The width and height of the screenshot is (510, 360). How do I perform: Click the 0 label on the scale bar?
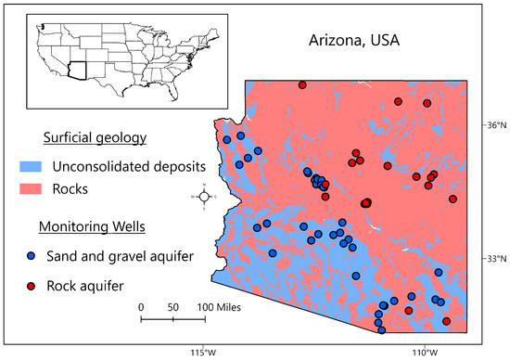click(141, 306)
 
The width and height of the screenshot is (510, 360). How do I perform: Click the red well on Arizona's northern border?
click(302, 84)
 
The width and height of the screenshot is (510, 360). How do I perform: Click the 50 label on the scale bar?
click(172, 306)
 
